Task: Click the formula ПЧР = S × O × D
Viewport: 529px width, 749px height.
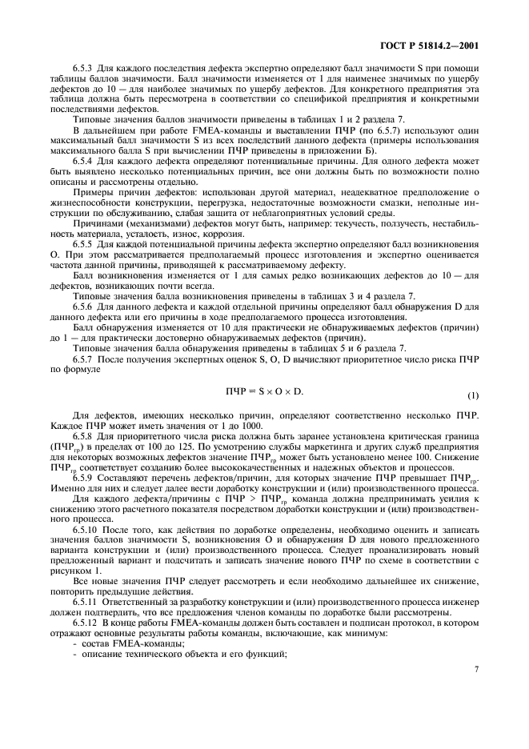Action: (265, 390)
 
